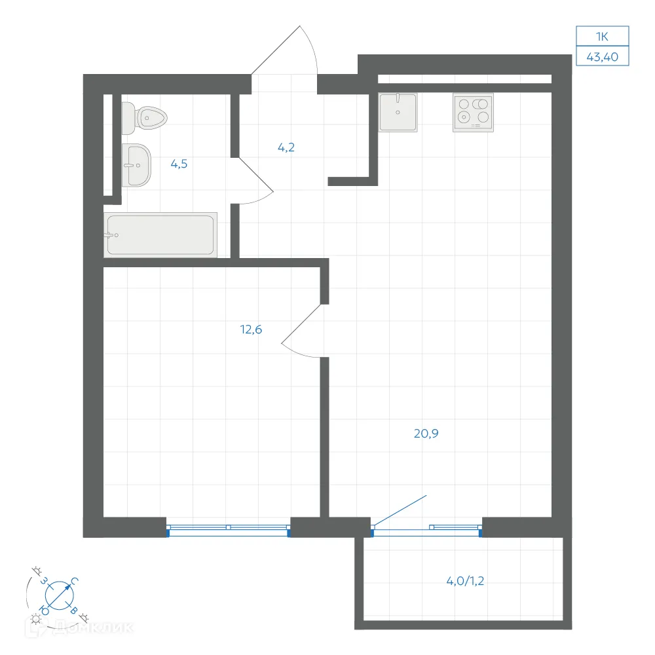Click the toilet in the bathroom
[144, 118]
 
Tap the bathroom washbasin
[136, 166]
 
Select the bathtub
[160, 234]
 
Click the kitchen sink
[398, 113]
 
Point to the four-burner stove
[474, 113]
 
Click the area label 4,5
[179, 164]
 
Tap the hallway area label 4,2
[286, 147]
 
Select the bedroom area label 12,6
[251, 329]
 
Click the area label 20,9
[426, 434]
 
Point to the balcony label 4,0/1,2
[465, 581]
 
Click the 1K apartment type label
[602, 37]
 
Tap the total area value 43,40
[603, 57]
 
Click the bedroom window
[228, 530]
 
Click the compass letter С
[75, 580]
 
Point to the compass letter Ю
[45, 611]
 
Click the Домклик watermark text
[94, 627]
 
